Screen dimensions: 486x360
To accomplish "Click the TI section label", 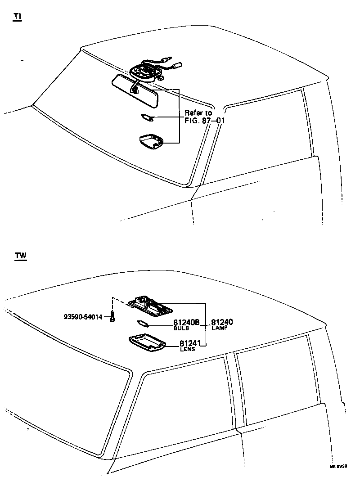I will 17,17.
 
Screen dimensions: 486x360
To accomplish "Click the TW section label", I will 20,256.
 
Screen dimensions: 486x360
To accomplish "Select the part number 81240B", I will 186,323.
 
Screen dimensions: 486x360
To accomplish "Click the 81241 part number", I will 190,344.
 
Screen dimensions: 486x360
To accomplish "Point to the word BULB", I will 181,328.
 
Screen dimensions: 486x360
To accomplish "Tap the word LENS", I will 187,350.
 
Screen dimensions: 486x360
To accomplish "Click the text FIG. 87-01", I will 205,121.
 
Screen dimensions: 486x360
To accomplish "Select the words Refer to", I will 198,113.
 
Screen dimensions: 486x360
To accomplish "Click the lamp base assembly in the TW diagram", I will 150,305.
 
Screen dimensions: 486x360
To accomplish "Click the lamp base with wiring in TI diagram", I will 146,71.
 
